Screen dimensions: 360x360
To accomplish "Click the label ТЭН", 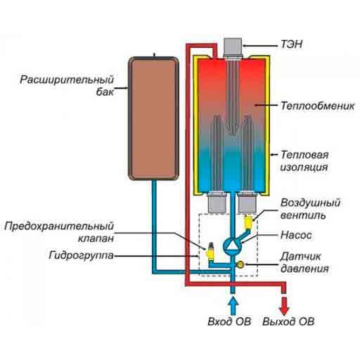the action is (292, 44).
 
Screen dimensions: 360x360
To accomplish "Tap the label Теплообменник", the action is (318, 105).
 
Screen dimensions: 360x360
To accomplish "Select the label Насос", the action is (296, 235).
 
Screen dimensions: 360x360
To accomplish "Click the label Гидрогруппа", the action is (82, 255).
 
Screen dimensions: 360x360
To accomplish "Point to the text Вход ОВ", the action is (229, 321).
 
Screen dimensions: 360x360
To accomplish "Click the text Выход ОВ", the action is (288, 321).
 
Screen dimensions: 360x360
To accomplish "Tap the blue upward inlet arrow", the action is (233, 305).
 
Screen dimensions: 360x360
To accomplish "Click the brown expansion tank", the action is (154, 119).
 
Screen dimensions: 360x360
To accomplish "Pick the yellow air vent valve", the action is (248, 222).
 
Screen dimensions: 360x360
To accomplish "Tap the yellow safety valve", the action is (210, 252).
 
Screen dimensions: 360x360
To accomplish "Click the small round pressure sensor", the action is (240, 265).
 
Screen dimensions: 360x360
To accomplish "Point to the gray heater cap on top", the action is (233, 47).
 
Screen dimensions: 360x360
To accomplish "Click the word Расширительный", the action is (67, 79).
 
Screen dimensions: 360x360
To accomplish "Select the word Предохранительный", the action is (59, 226).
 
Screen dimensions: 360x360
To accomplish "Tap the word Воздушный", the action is (310, 203).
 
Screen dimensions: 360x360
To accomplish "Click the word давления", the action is (304, 269).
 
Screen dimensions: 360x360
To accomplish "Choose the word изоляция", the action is (304, 167).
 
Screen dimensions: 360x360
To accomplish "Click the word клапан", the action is (96, 238).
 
